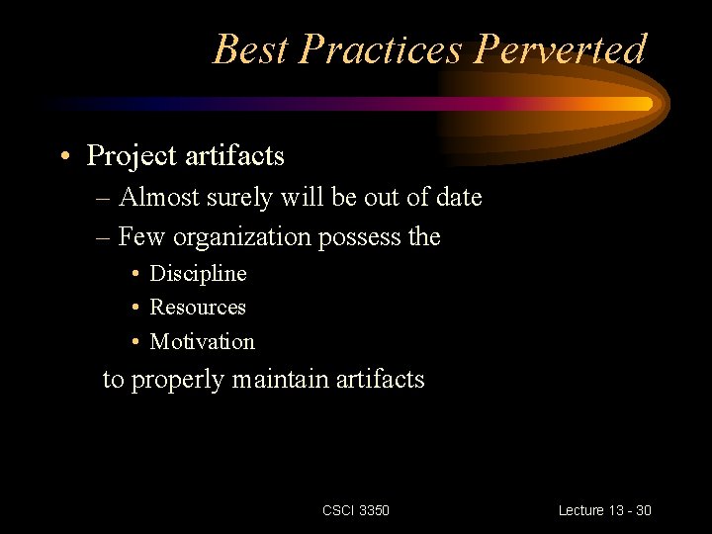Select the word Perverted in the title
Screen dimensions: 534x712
(x=554, y=48)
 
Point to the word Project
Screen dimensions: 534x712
(x=133, y=156)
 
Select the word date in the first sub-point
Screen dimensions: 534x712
(x=458, y=197)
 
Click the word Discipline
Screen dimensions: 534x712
(x=198, y=273)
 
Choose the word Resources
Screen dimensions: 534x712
(x=198, y=308)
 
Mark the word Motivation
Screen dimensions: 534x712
(x=202, y=342)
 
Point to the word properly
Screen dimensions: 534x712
(x=178, y=380)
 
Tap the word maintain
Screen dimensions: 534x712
(x=281, y=379)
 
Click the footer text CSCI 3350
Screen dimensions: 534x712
(x=356, y=510)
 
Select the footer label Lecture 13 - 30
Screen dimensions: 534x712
(x=604, y=510)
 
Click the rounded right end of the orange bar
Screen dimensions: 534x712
(x=647, y=103)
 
